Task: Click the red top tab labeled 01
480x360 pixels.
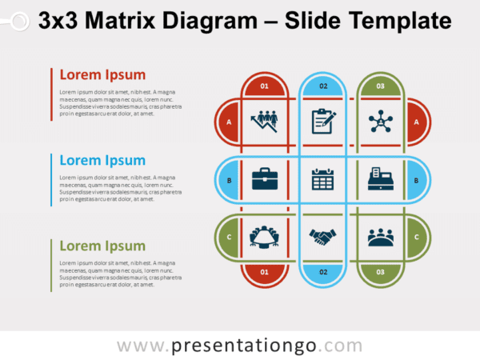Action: (x=265, y=85)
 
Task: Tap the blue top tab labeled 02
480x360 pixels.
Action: (x=322, y=85)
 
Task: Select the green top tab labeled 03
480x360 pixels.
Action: (x=380, y=85)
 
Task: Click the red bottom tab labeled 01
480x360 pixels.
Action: (x=265, y=273)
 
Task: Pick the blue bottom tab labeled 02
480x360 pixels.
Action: (x=322, y=273)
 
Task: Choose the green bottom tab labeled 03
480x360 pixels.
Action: (x=380, y=273)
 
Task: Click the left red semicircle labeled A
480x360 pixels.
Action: (x=229, y=122)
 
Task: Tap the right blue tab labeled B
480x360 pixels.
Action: (x=416, y=180)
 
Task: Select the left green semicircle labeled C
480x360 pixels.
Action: (x=229, y=237)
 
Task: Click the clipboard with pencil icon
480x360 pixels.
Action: (x=322, y=121)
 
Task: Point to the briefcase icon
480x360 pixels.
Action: (x=264, y=178)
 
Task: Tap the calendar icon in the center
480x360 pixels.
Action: (x=322, y=178)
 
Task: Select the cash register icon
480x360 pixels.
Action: (x=380, y=178)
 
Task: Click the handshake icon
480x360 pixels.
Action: (x=322, y=237)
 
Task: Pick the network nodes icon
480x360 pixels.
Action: (x=380, y=122)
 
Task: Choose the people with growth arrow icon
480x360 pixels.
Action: (x=264, y=121)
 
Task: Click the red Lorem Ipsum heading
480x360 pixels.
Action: (x=102, y=75)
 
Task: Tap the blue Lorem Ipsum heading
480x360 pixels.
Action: (x=102, y=160)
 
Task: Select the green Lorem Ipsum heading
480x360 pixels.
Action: (x=102, y=246)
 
